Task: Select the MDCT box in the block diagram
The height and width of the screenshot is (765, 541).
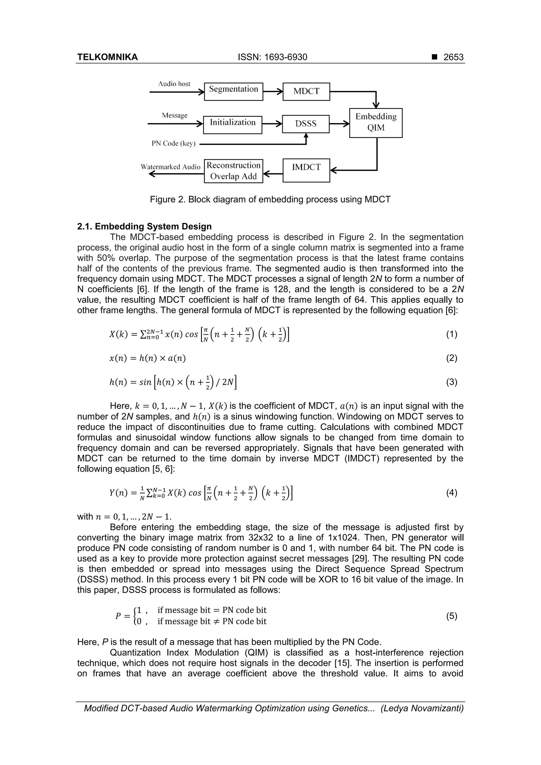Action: point(306,92)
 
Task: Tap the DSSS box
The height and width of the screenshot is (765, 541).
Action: point(306,124)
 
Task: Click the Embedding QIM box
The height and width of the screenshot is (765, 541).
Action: point(376,123)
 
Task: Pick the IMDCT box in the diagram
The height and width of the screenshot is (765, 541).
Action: point(306,170)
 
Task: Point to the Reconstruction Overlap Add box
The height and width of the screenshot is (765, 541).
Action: point(233,171)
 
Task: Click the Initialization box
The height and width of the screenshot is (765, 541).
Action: point(233,125)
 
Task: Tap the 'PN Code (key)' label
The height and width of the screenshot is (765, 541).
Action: point(173,144)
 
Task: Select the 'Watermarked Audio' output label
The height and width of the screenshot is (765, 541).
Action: point(170,167)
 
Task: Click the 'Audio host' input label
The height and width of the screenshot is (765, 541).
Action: point(174,84)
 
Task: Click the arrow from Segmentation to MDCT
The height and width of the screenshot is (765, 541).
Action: point(273,92)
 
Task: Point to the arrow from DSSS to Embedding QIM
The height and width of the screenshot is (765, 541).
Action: point(339,124)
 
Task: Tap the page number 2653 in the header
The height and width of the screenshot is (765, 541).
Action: point(453,57)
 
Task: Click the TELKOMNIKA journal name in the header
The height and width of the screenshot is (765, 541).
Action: point(107,57)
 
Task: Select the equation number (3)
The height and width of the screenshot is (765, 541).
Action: point(451,382)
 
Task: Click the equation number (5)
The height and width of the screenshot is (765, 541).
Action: point(451,616)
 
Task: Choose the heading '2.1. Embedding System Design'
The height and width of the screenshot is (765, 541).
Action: point(144,227)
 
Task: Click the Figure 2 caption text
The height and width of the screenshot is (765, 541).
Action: point(270,200)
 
